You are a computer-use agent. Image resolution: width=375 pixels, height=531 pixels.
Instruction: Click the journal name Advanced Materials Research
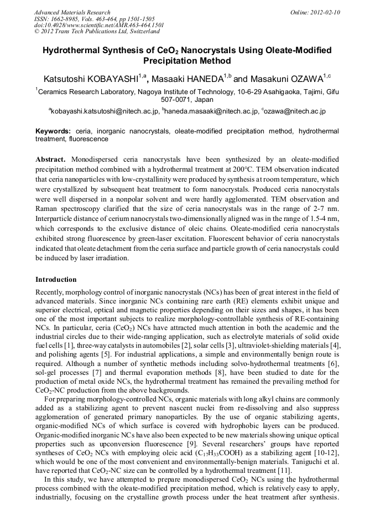pos(72,12)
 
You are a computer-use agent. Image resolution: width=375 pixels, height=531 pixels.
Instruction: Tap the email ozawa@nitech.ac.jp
pos(296,111)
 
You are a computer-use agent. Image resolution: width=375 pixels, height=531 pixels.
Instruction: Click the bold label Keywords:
pos(53,131)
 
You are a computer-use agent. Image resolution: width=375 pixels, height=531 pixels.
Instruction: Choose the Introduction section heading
pos(56,279)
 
